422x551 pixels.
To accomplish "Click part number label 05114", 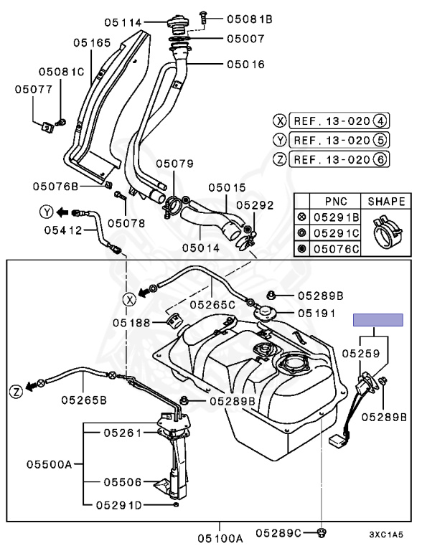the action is pos(123,22).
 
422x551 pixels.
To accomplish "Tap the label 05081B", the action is pos(249,19).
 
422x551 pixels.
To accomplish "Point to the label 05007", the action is pos(245,38).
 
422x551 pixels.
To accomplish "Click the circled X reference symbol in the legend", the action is pos(280,121).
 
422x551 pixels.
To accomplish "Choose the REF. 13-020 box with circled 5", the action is pos(339,140).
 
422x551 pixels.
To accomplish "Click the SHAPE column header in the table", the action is pos(386,202).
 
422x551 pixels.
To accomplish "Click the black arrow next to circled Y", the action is pos(62,212).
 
